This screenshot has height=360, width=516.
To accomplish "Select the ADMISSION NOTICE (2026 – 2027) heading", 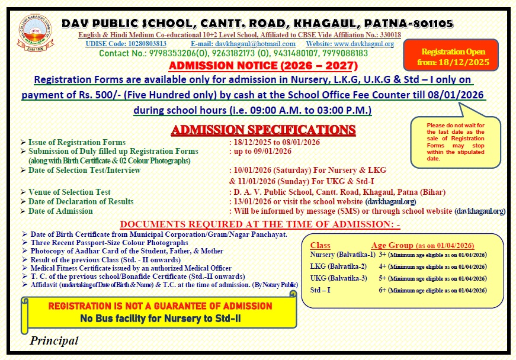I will point(264,66).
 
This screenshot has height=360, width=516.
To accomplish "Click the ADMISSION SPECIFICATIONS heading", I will point(263,130).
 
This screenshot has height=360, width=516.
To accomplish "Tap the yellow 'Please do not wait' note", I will point(456,142).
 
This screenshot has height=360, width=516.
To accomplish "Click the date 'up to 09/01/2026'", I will point(260,151).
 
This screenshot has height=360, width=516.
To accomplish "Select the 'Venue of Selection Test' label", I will point(69,192).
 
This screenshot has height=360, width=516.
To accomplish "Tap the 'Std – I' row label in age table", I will point(321,290).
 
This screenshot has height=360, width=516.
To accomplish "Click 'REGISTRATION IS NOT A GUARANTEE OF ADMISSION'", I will point(160,306).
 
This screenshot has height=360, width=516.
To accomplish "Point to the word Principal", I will point(54,340).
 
